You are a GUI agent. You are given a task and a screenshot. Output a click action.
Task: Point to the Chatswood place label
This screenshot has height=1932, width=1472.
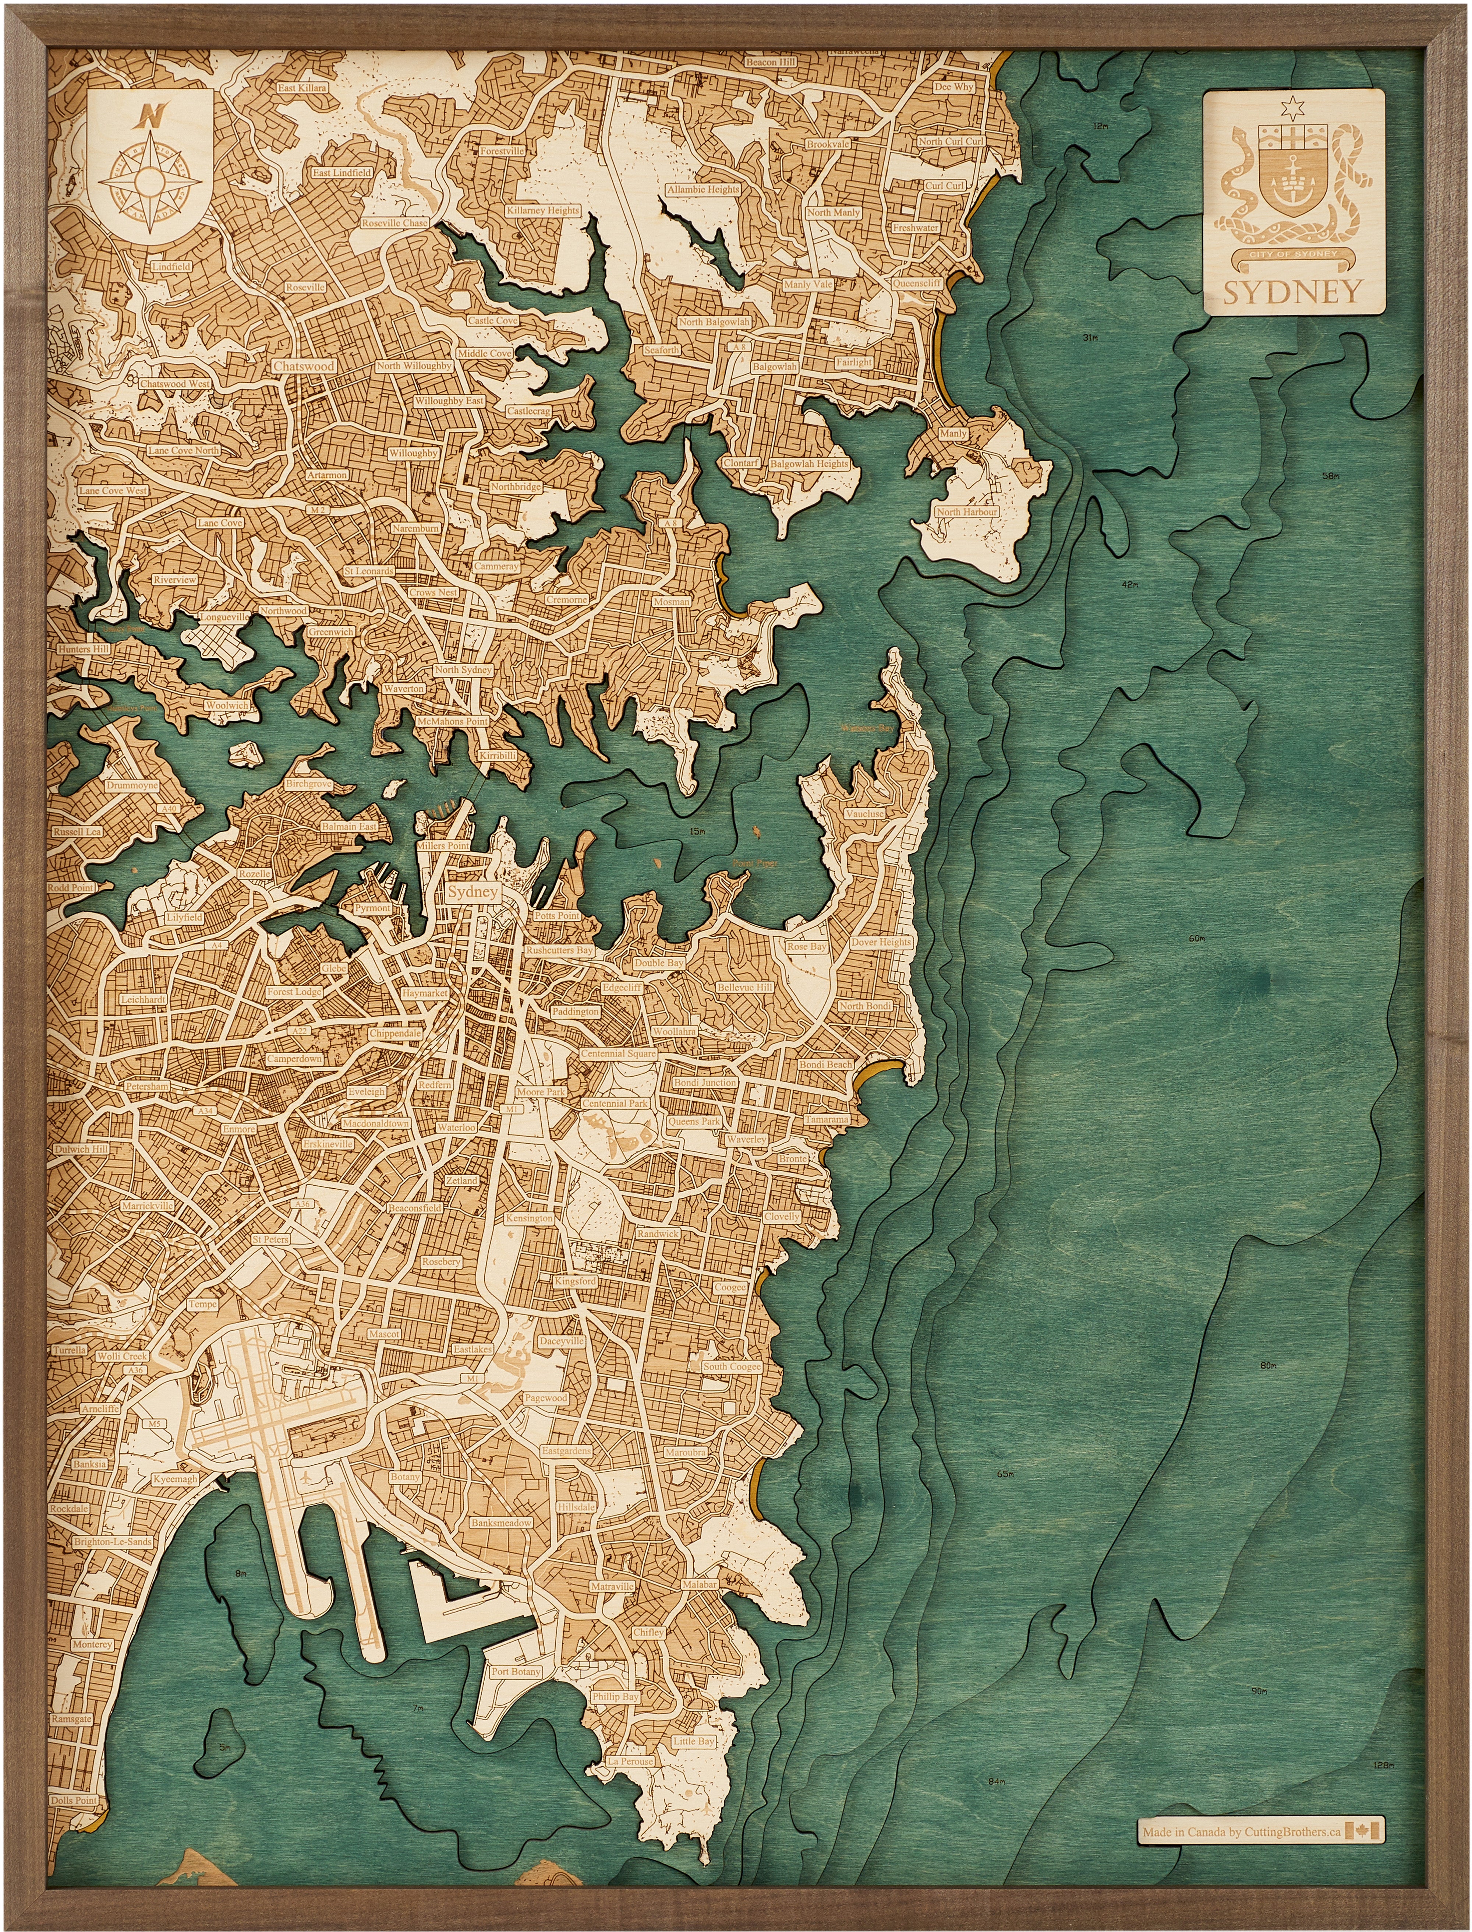pyautogui.click(x=303, y=366)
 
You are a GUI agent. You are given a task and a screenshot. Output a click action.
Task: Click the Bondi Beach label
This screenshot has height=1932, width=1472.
pyautogui.click(x=824, y=1064)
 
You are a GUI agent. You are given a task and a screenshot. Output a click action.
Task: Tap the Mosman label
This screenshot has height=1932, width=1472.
pyautogui.click(x=672, y=602)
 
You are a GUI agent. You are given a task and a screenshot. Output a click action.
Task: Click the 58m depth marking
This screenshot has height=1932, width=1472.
pyautogui.click(x=1331, y=476)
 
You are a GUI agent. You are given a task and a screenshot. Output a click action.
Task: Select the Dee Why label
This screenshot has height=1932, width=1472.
pyautogui.click(x=953, y=88)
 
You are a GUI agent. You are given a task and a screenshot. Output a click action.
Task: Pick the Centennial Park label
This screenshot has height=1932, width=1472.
pyautogui.click(x=615, y=1104)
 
